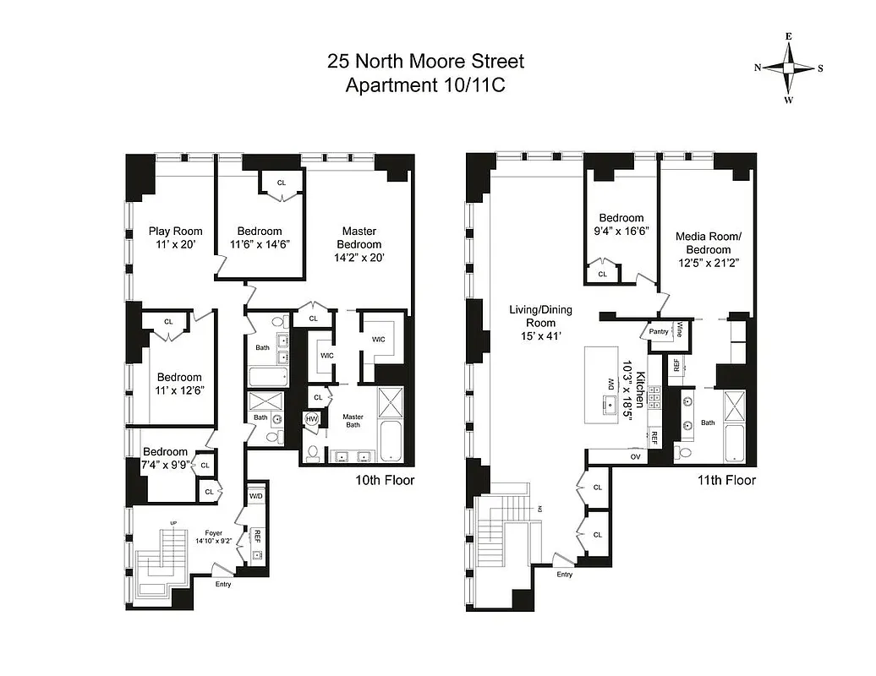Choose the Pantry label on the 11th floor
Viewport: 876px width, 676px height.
[x=660, y=331]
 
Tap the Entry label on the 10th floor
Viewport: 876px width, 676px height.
[x=223, y=584]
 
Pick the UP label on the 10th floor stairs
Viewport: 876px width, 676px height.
[x=174, y=524]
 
